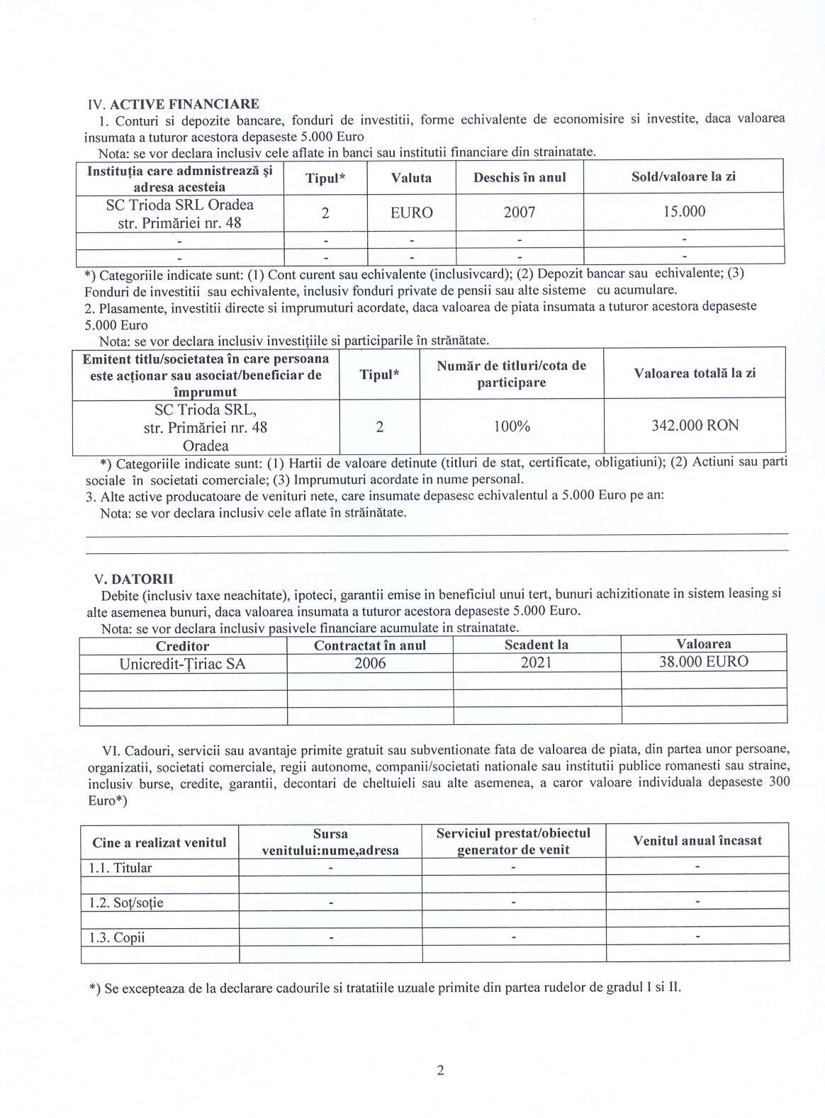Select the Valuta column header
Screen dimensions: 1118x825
tap(411, 178)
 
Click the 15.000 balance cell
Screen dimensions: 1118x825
tap(683, 212)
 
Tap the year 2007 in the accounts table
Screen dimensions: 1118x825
tap(520, 212)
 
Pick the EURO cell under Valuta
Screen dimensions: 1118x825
tap(411, 212)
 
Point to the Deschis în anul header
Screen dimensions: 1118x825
tap(520, 178)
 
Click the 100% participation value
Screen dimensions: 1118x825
tap(511, 427)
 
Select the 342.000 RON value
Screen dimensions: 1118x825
tap(695, 426)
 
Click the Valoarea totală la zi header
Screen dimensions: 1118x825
tap(695, 373)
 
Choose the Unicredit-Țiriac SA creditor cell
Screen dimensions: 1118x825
tap(183, 663)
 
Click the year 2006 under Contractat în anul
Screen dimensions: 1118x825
tap(370, 663)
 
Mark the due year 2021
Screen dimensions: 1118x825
tap(537, 663)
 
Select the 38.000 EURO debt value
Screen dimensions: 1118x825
tap(703, 662)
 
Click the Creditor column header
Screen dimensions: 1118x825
tap(183, 645)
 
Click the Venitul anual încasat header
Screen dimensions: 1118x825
tap(697, 841)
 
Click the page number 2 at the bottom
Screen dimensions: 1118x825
tap(440, 1071)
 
